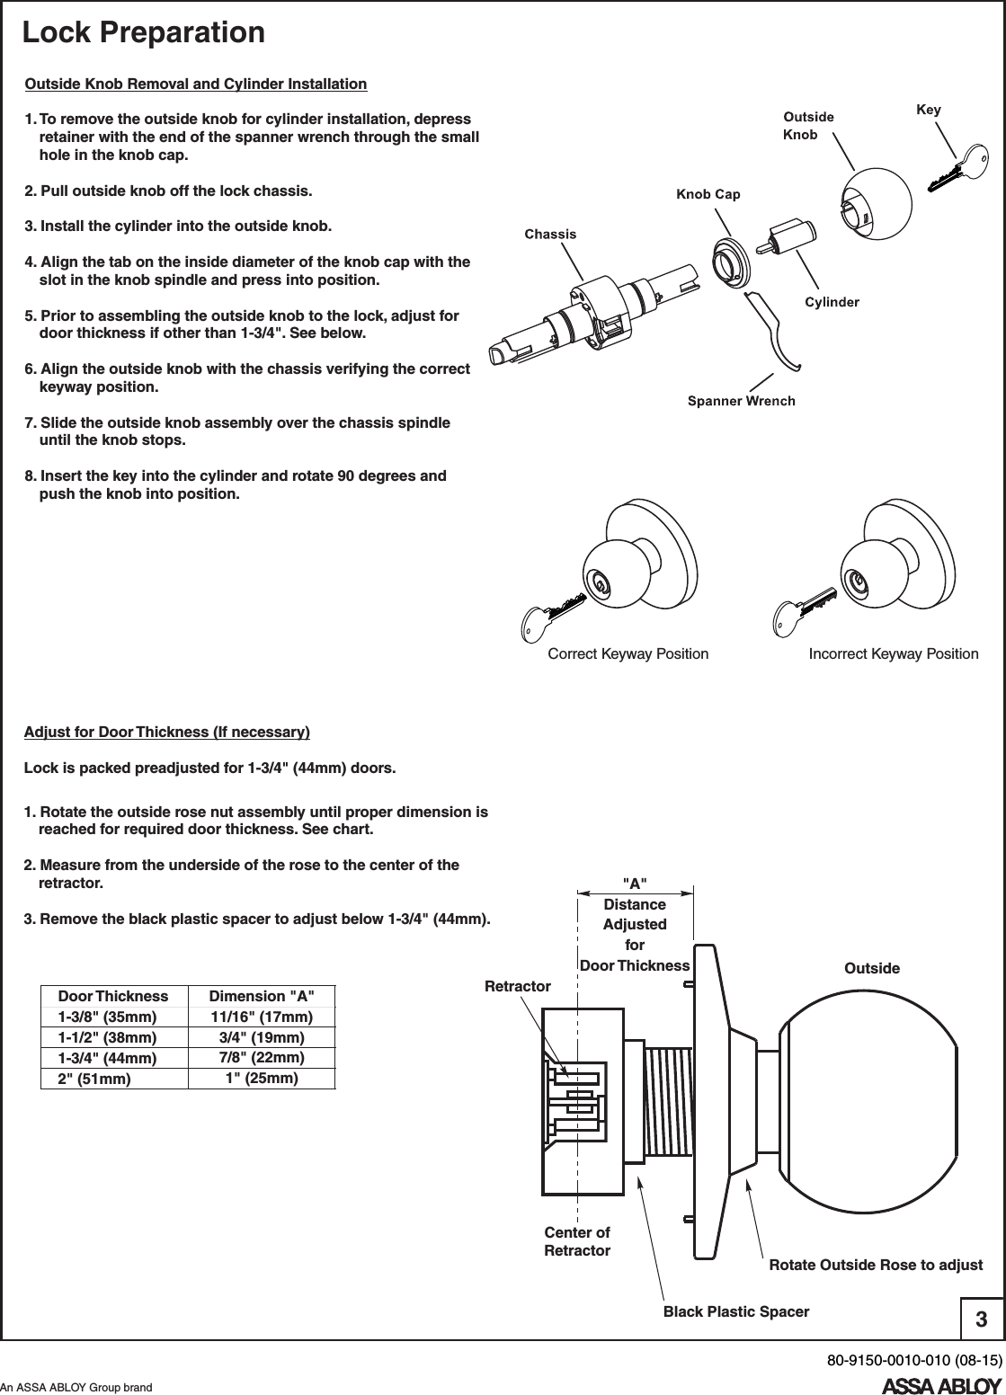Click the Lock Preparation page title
144,33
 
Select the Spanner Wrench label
741,401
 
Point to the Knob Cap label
708,194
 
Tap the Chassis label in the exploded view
550,234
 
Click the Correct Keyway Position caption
628,653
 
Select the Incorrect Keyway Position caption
893,653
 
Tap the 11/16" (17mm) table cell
262,1017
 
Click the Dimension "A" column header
262,996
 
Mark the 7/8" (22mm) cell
262,1056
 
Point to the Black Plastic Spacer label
735,1311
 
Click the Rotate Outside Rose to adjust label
876,1265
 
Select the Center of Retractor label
577,1241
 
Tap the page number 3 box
982,1319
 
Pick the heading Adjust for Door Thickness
166,732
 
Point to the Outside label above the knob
871,968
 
